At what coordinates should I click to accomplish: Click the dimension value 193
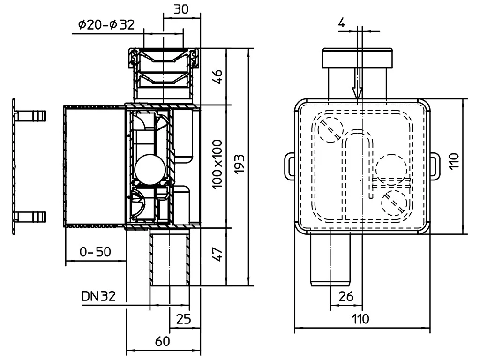(240, 165)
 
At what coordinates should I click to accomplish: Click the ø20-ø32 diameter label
(106, 24)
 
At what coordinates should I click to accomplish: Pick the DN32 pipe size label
(98, 296)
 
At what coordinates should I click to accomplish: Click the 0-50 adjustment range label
(95, 252)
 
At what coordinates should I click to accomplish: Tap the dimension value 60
(162, 341)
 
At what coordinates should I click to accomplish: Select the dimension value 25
(183, 319)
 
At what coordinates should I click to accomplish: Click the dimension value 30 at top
(181, 9)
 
